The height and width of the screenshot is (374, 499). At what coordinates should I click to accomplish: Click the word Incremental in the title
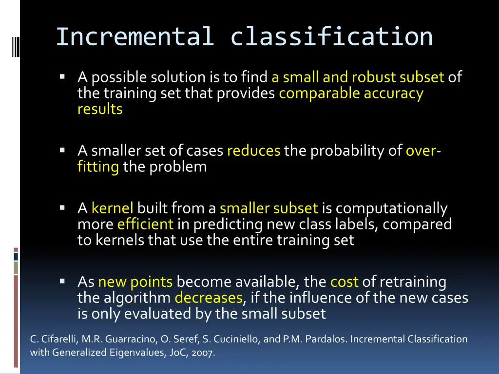point(134,37)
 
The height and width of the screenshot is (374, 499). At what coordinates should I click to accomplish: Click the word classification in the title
point(331,37)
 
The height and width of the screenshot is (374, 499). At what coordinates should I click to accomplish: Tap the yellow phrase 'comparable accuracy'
point(351,93)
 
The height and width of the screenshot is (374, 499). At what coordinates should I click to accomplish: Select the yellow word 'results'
point(100,109)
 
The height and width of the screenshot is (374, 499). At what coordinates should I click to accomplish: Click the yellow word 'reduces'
point(253,151)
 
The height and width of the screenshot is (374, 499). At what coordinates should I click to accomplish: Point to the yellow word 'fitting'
point(98,167)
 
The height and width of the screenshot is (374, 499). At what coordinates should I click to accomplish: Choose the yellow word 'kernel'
point(112,208)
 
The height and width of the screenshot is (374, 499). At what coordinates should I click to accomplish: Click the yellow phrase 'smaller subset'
point(269,208)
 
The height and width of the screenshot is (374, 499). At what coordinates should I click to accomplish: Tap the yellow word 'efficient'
point(145,224)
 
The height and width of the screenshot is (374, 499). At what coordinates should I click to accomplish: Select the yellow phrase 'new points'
point(135,281)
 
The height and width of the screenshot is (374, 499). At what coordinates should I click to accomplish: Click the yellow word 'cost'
point(344,281)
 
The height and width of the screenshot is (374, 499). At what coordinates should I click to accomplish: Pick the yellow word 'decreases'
point(208,297)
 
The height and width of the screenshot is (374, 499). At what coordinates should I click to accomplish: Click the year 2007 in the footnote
point(205,353)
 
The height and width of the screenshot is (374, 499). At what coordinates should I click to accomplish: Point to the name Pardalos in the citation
point(328,339)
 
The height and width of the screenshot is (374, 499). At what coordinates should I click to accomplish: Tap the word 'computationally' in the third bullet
point(391,208)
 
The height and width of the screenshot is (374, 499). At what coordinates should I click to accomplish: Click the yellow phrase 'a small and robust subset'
point(358,77)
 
